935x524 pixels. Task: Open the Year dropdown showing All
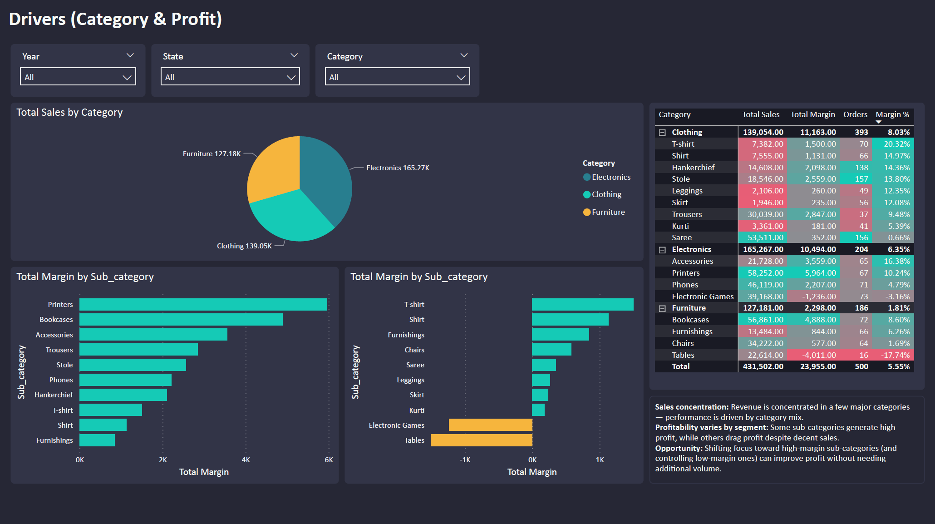tap(78, 77)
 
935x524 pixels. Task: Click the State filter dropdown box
tap(230, 77)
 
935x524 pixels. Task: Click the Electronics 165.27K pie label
tap(397, 168)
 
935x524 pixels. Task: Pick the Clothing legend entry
tap(606, 194)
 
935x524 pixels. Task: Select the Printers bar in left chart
tap(203, 304)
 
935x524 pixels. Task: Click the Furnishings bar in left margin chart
tap(97, 440)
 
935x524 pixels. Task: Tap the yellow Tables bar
tap(481, 440)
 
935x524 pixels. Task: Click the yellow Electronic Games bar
tap(490, 425)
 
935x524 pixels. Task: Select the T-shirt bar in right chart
tap(582, 304)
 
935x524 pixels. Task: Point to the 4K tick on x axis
tap(246, 460)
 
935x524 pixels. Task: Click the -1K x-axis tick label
tap(465, 460)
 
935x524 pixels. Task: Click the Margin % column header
tap(892, 114)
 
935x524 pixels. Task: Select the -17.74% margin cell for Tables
tap(896, 355)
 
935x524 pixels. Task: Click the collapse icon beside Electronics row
tap(662, 250)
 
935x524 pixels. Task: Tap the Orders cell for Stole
tap(861, 179)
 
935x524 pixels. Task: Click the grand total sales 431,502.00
tap(763, 366)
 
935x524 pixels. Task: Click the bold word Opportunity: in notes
tap(679, 448)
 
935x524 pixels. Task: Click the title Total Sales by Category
tap(69, 112)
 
